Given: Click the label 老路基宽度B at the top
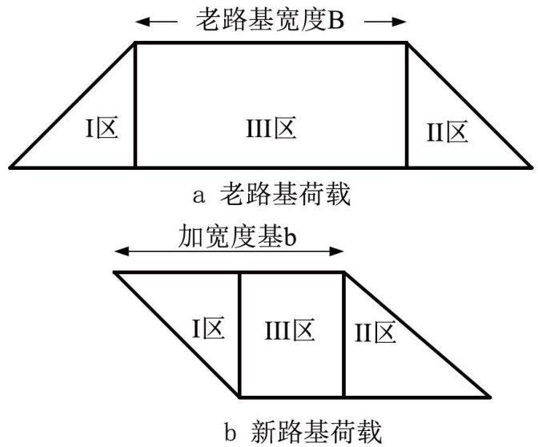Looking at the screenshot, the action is [269, 21].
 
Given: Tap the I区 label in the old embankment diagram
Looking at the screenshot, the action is [102, 129].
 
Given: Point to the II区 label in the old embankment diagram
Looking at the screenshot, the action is [447, 132].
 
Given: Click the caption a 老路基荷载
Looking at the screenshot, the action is [270, 193].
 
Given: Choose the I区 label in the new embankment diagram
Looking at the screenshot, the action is [207, 329].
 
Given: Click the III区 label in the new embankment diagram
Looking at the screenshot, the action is [291, 329].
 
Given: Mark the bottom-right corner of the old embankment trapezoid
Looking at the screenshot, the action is [532, 167].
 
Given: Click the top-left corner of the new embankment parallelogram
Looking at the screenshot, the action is [114, 272].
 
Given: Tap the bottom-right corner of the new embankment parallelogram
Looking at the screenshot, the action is [490, 397].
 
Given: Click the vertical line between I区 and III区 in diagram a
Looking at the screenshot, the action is [134, 104].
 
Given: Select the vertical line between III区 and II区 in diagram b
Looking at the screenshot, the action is [344, 335].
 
